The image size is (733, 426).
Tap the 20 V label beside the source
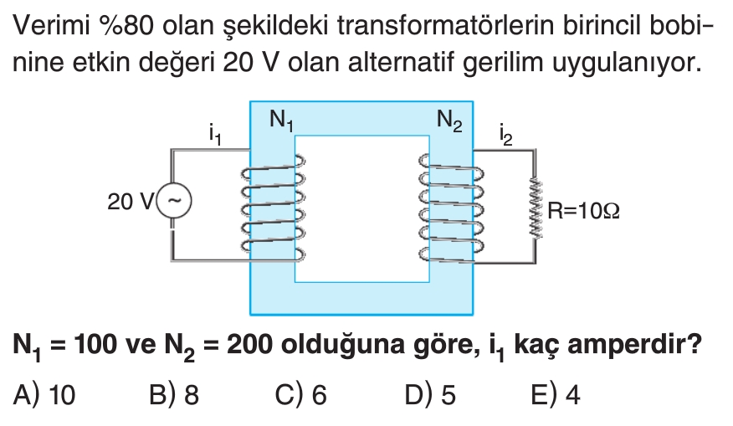pos(131,202)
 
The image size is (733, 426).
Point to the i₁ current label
pos(215,133)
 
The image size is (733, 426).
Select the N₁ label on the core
pos(281,121)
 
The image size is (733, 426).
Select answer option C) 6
pos(300,395)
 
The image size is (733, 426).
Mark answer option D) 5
pos(430,395)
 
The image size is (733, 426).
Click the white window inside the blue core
pos(361,209)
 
